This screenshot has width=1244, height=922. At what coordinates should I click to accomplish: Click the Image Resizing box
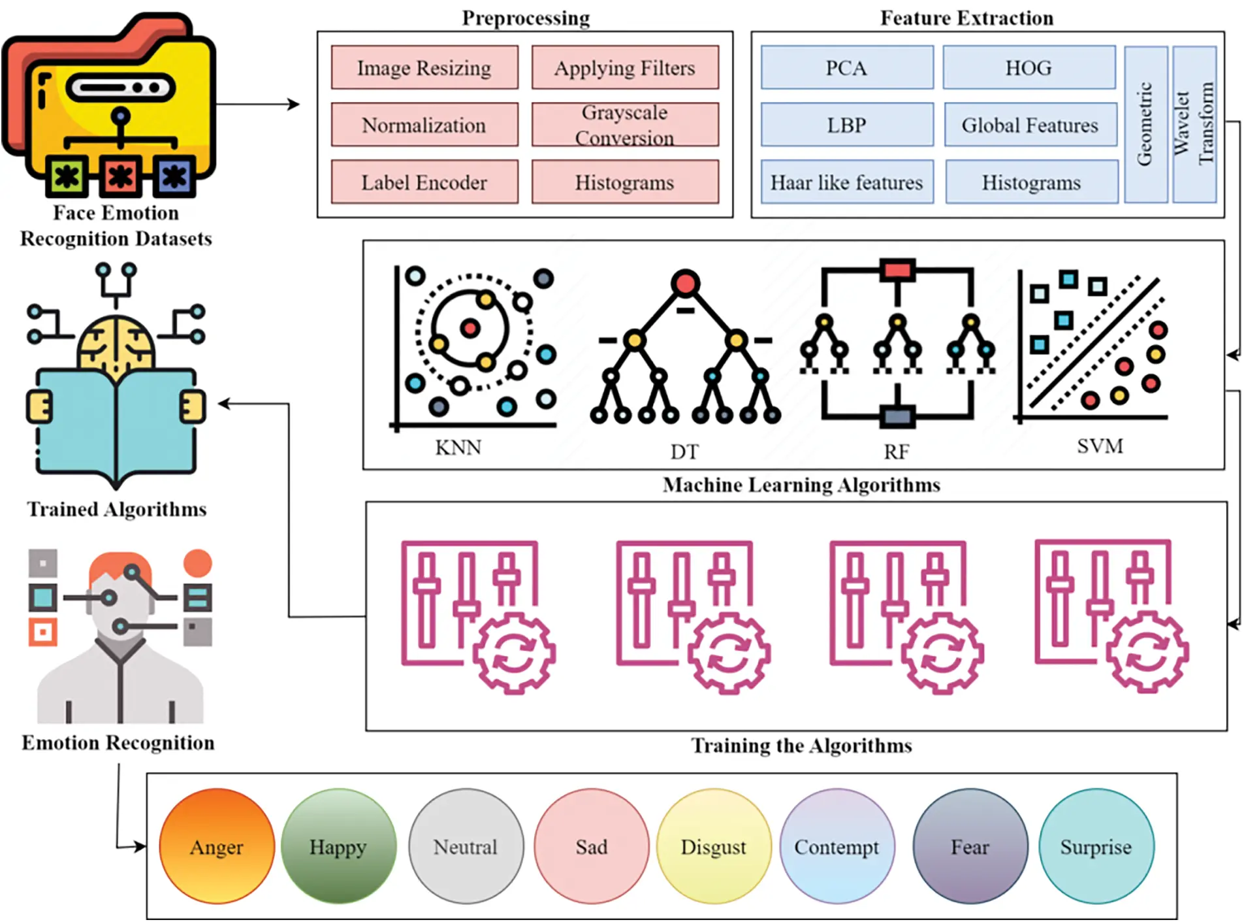click(424, 67)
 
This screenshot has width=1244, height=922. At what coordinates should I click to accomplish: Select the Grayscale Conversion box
click(625, 124)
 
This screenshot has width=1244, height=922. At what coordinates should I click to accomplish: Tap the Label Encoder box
click(424, 182)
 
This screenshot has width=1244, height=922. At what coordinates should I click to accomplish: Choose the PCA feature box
click(847, 67)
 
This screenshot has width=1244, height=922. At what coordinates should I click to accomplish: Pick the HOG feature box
click(1029, 67)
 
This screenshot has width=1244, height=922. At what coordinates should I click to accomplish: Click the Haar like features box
click(847, 182)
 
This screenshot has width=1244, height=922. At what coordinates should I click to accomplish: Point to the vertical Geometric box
click(1146, 124)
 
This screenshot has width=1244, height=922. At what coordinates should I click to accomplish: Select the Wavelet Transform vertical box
click(1194, 124)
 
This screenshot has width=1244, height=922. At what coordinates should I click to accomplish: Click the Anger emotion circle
click(217, 846)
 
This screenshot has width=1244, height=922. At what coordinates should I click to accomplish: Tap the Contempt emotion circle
click(837, 846)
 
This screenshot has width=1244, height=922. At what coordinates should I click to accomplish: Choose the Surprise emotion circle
click(1096, 846)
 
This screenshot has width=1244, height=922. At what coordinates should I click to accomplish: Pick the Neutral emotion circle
click(466, 846)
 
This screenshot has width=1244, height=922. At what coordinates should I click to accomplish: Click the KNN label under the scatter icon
click(458, 448)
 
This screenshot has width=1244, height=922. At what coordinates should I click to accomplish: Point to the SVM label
click(1100, 446)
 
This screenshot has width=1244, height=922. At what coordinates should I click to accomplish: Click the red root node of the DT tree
click(685, 284)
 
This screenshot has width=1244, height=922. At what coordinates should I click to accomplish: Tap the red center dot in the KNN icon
click(470, 328)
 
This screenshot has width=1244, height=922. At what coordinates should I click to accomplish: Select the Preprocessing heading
click(526, 18)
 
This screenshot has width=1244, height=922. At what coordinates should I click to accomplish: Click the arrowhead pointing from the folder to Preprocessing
click(294, 104)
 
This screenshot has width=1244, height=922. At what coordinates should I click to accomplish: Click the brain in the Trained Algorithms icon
click(116, 343)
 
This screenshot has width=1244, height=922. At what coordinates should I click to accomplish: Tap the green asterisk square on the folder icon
click(67, 176)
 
